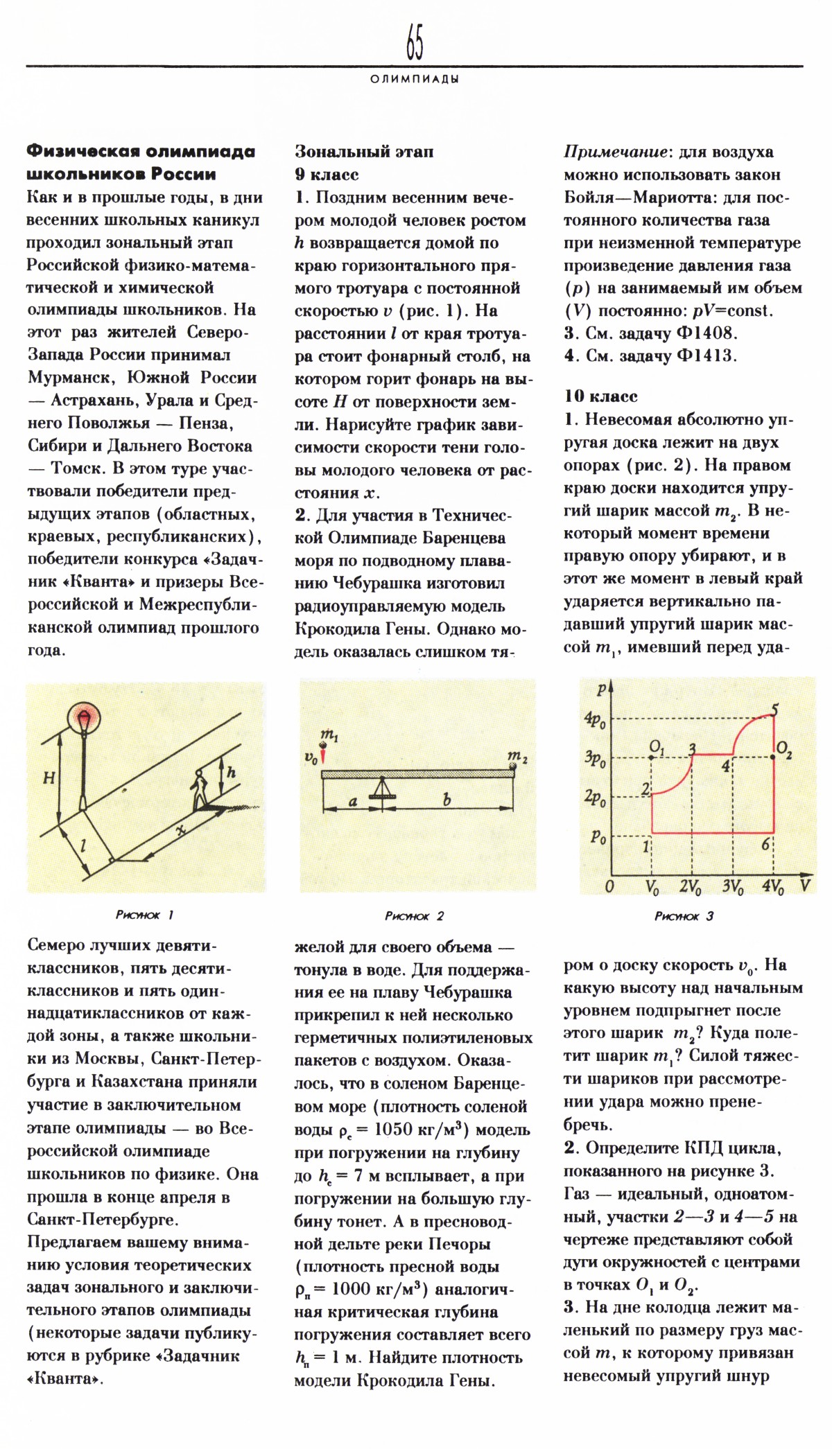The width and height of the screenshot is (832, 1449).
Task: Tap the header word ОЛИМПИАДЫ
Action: [x=415, y=79]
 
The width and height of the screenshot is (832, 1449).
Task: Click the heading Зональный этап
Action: [x=364, y=152]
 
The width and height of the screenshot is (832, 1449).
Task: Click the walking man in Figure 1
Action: [x=200, y=789]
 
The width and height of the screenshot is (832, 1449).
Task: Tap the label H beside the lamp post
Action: [x=49, y=778]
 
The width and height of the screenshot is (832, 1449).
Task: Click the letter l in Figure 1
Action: [x=83, y=845]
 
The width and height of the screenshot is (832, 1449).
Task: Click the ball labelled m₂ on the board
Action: [x=514, y=766]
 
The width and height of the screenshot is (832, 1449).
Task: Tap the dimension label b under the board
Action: [x=447, y=800]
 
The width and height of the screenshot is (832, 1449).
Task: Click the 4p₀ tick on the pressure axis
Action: [x=595, y=719]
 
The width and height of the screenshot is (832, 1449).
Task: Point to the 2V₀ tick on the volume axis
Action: [x=691, y=886]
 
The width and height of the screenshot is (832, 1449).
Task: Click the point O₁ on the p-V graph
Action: [x=652, y=757]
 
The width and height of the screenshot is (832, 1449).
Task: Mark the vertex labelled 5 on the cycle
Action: [x=774, y=714]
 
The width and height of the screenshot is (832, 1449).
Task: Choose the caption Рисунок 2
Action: [x=414, y=916]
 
